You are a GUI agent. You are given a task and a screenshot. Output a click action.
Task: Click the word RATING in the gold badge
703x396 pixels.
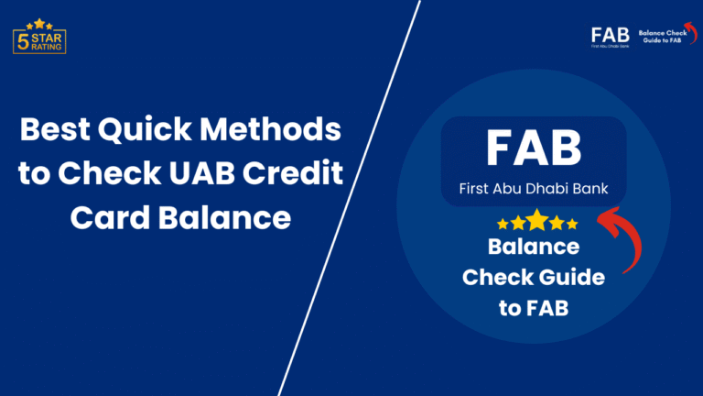(x=46, y=46)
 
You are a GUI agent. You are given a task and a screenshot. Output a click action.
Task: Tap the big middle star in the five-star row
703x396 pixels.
(x=537, y=222)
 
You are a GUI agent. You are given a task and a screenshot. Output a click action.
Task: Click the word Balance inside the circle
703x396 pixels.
(x=534, y=247)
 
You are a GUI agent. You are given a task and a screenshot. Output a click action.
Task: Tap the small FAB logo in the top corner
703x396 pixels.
(x=610, y=36)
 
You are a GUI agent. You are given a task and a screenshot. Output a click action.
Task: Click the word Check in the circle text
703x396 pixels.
(x=494, y=278)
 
